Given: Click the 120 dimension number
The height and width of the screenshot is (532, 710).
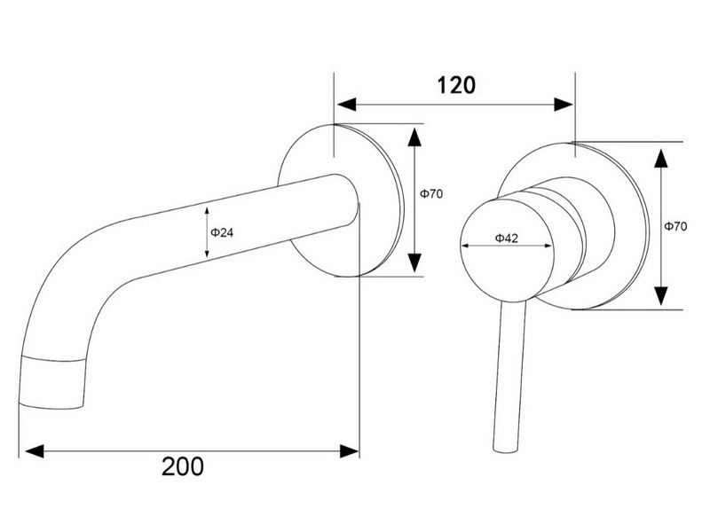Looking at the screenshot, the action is coord(456,85).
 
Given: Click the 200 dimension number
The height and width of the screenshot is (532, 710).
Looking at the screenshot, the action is coord(183,466).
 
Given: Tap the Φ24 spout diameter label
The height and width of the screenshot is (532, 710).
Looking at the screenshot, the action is coord(222,232).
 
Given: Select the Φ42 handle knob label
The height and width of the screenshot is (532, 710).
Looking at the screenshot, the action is coord(506,238).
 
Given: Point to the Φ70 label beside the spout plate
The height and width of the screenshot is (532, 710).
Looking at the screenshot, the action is coord(431,194).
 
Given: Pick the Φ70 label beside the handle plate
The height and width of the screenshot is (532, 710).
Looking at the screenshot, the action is coord(675,226).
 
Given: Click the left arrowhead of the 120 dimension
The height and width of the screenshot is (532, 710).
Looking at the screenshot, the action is coord(347,105).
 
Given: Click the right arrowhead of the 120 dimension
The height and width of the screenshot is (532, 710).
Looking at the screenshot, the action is coord(564,105).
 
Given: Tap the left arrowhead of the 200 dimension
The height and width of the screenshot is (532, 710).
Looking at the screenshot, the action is coord(35,451).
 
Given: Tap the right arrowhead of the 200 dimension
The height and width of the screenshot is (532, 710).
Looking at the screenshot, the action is coord(349,451).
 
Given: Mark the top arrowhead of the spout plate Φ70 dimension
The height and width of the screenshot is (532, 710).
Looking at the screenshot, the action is coord(414,137).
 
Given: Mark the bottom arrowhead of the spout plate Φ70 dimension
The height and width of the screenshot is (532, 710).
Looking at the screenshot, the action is coord(414,262).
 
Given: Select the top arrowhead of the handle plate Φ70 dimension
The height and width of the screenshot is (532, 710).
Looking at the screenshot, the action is coord(661,159).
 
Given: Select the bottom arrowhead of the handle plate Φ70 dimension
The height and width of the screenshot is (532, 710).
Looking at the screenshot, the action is coord(661,295).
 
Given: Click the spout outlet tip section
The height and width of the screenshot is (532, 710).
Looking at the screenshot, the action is coord(52,382).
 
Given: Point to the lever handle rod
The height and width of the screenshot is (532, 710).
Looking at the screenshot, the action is coord(509,376).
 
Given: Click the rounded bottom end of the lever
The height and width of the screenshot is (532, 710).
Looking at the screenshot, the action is coord(505,450).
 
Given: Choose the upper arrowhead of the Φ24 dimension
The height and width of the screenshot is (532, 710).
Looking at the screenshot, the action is coord(207,211).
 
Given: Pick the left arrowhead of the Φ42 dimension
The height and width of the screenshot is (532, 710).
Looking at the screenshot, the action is coord(464,246).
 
